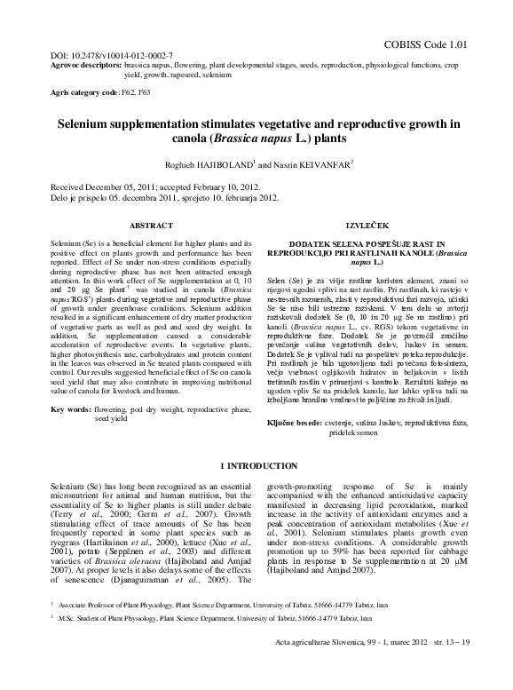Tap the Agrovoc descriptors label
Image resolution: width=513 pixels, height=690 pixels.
[x=86, y=66]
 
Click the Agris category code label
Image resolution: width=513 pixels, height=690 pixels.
[x=83, y=92]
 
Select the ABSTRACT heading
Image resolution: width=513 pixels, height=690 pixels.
[x=152, y=226]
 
